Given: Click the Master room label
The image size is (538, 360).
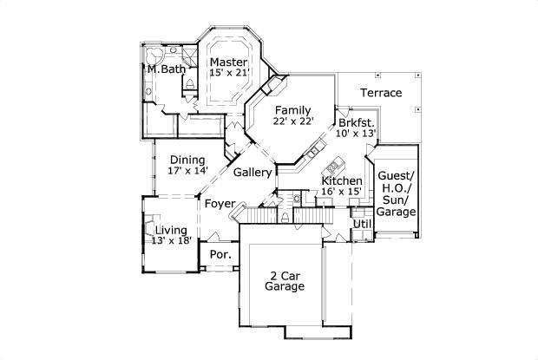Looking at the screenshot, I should (x=228, y=62).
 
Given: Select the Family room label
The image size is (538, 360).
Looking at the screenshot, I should (x=293, y=110).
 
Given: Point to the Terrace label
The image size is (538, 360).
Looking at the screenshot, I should (x=380, y=92).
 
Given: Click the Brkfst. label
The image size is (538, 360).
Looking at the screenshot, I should (x=358, y=122).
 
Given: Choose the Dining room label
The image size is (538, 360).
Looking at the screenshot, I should (x=187, y=160).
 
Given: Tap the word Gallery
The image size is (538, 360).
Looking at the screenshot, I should (x=253, y=173).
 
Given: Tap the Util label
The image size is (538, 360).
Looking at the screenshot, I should (x=362, y=224).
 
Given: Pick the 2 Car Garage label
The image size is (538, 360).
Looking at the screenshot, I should (x=285, y=279).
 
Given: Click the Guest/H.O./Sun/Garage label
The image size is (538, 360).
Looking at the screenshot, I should (x=396, y=193).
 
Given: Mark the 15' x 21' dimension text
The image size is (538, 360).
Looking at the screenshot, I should (x=228, y=73).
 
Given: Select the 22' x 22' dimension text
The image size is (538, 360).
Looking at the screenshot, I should (x=293, y=121).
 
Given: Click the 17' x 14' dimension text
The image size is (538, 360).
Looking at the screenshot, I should (x=187, y=171).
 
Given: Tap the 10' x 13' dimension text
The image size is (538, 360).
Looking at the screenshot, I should (x=358, y=134).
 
